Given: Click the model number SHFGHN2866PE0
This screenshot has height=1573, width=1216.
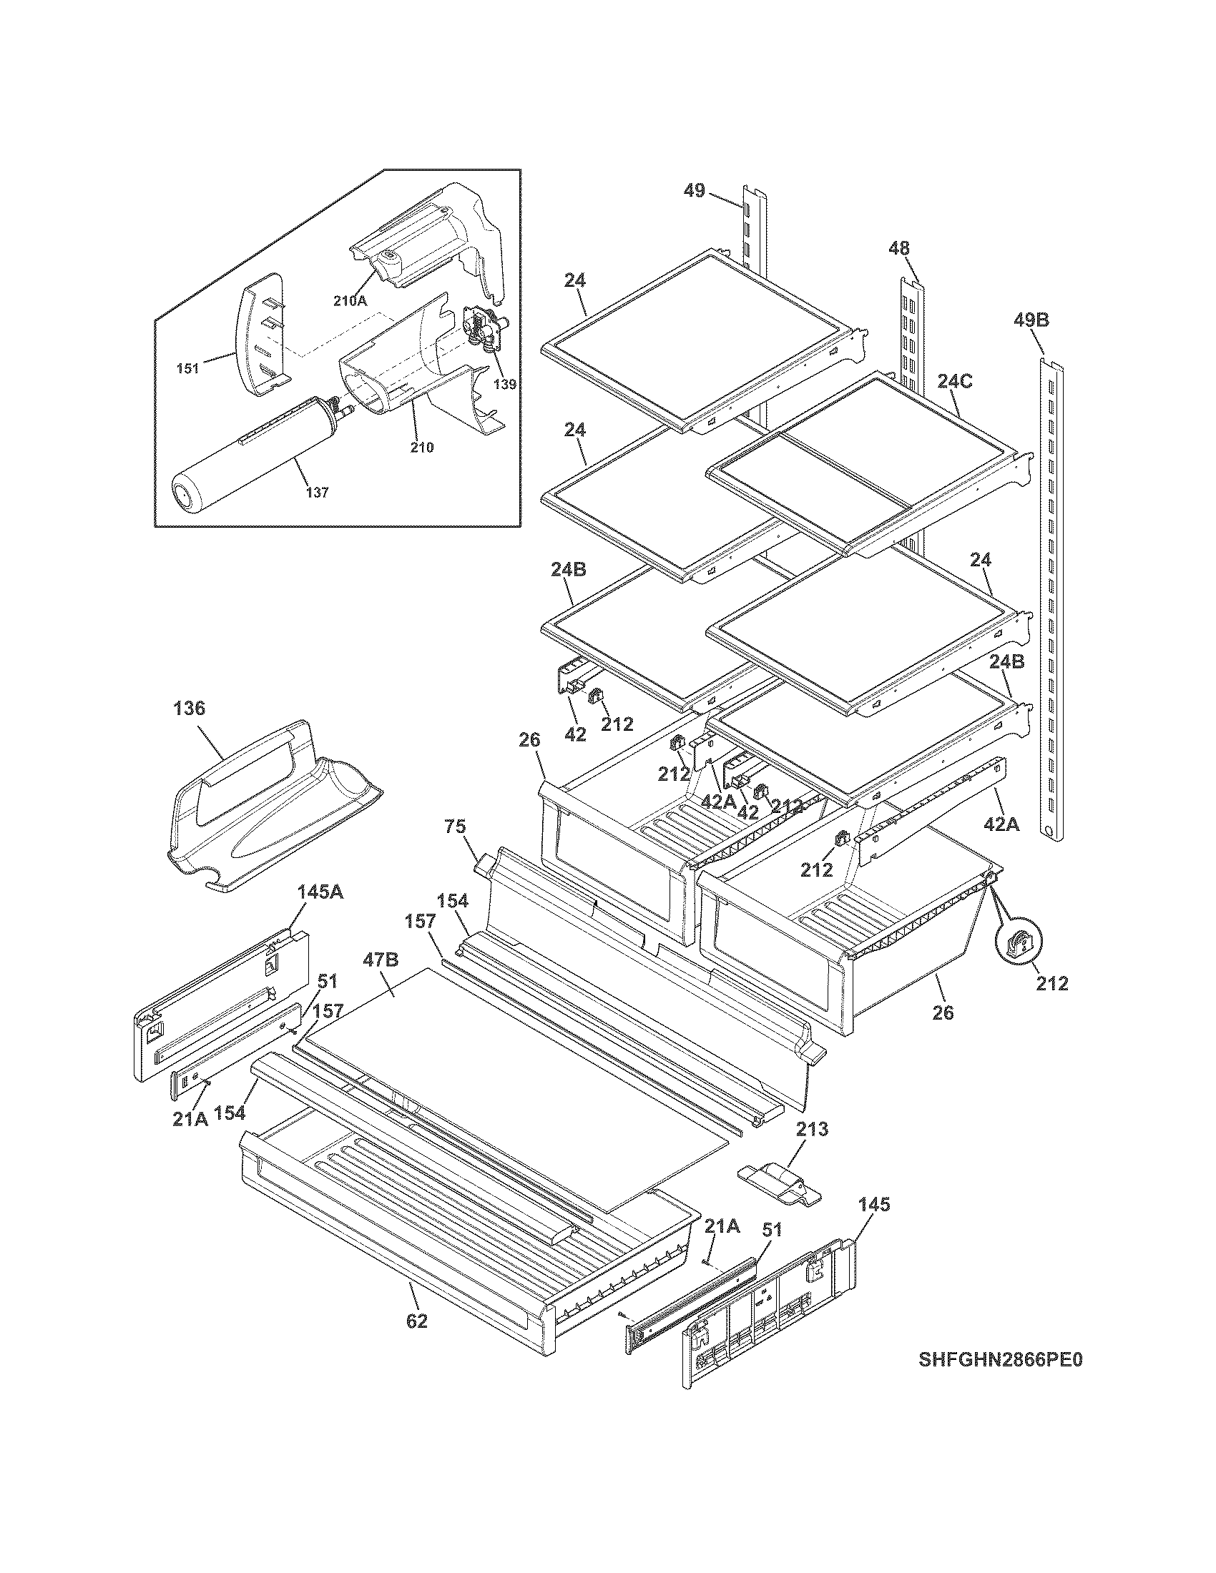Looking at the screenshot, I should tap(1001, 1380).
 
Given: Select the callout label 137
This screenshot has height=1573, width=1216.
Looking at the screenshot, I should tap(317, 493).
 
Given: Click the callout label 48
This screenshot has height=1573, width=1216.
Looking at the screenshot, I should tap(898, 249).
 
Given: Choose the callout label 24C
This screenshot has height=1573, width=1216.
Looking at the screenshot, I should tap(954, 382).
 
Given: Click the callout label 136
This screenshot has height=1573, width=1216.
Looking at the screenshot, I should tap(189, 709).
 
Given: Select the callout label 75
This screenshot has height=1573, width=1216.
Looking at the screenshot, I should tap(454, 826).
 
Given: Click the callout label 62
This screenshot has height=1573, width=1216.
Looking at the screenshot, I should tap(416, 1321).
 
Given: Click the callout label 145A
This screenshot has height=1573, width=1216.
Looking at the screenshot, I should tap(320, 892).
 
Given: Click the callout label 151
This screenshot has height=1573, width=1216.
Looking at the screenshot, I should tap(188, 369).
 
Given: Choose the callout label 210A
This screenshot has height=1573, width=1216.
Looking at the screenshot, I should tap(350, 301).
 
